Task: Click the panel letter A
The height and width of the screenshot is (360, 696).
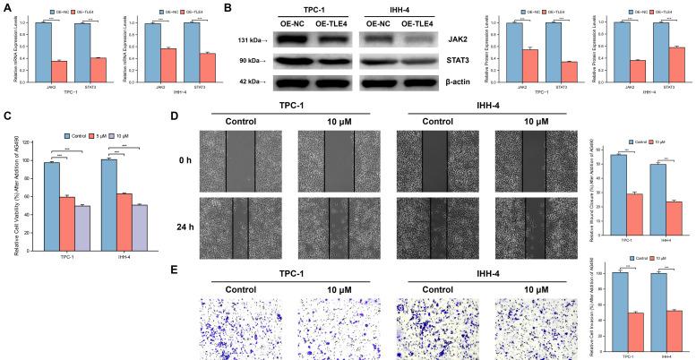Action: pyautogui.click(x=6, y=7)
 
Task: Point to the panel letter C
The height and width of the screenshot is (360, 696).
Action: pyautogui.click(x=6, y=116)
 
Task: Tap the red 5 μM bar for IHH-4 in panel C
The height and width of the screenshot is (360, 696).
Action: pyautogui.click(x=124, y=219)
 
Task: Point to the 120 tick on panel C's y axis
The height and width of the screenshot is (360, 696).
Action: pyautogui.click(x=31, y=143)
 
